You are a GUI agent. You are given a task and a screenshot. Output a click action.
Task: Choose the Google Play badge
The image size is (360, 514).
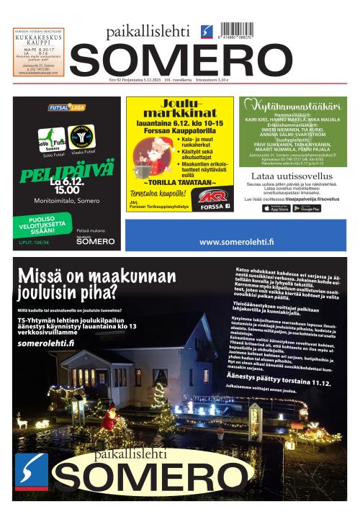[x=307, y=208]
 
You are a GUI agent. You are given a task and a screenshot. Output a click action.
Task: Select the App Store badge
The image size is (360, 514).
[x=277, y=208]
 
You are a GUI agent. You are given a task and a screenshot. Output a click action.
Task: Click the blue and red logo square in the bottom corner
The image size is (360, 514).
[x=32, y=471]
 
